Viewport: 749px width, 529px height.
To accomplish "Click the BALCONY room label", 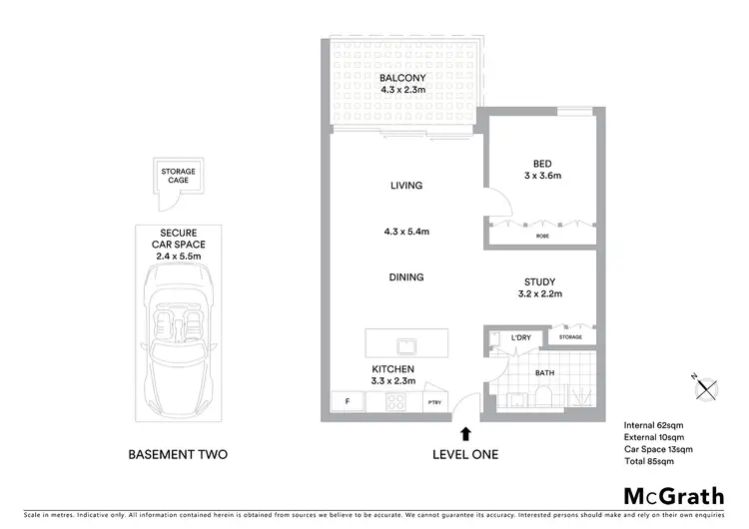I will tap(402, 77).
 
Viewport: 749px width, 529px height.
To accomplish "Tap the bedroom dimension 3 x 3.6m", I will tap(541, 176).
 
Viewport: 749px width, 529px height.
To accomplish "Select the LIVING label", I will tap(406, 186).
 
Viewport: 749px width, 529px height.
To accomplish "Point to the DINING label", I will tap(406, 277).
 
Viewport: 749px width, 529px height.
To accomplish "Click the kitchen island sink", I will tap(405, 346).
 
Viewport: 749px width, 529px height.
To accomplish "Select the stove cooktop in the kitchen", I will tap(393, 402).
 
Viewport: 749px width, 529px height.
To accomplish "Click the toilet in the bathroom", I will tap(539, 398).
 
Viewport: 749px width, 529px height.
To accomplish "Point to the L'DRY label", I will tap(519, 338).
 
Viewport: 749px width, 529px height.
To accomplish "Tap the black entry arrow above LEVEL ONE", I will tap(465, 433).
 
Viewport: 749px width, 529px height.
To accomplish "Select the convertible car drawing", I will tap(180, 345).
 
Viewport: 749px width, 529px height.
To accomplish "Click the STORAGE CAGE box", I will tap(179, 177).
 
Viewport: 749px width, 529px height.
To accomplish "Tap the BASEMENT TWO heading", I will tap(179, 455).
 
